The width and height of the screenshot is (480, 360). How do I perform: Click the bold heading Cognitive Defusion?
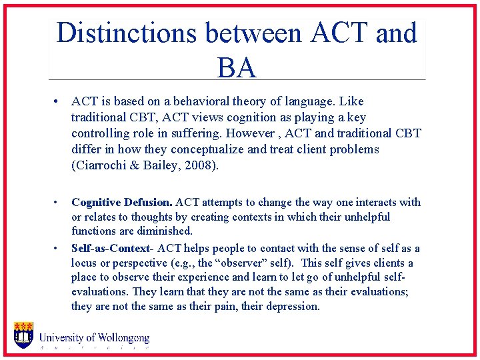[121, 202]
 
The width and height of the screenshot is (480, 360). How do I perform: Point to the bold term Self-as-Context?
[111, 248]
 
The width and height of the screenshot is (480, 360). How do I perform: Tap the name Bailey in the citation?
[162, 165]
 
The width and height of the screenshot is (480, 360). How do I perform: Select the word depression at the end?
[293, 307]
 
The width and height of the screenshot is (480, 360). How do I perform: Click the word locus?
[85, 263]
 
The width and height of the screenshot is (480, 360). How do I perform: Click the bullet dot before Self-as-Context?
[58, 248]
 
